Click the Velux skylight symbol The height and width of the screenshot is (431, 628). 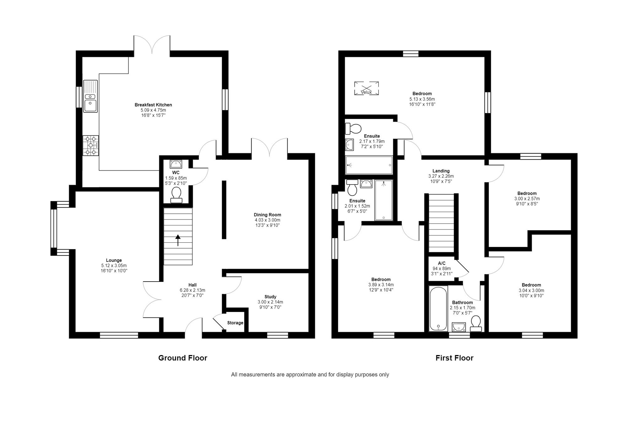[x=366, y=88]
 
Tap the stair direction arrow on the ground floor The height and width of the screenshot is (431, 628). [x=178, y=240]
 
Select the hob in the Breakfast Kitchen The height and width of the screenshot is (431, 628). [x=90, y=145]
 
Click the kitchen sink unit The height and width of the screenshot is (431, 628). [x=90, y=96]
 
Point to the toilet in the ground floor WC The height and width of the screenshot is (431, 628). [x=176, y=195]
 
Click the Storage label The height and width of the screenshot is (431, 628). [x=235, y=323]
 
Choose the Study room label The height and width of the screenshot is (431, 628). [x=270, y=297]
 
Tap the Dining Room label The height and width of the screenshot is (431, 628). [x=267, y=215]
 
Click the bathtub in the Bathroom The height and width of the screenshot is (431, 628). [x=438, y=309]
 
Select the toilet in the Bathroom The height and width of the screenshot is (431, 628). [x=476, y=324]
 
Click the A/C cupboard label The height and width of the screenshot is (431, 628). [x=441, y=263]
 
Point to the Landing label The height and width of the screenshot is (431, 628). [x=441, y=171]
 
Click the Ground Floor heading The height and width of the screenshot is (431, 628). [x=182, y=358]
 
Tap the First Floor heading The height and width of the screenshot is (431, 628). [x=454, y=358]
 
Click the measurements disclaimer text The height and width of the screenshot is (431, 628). [x=310, y=374]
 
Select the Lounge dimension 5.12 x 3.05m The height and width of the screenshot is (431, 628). [x=114, y=266]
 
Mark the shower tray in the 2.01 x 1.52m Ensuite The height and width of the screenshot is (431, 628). [x=383, y=200]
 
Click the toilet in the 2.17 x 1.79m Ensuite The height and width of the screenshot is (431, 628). [x=353, y=128]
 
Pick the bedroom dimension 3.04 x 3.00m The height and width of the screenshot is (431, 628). [x=531, y=290]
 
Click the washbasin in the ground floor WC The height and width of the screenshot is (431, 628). [x=176, y=164]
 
